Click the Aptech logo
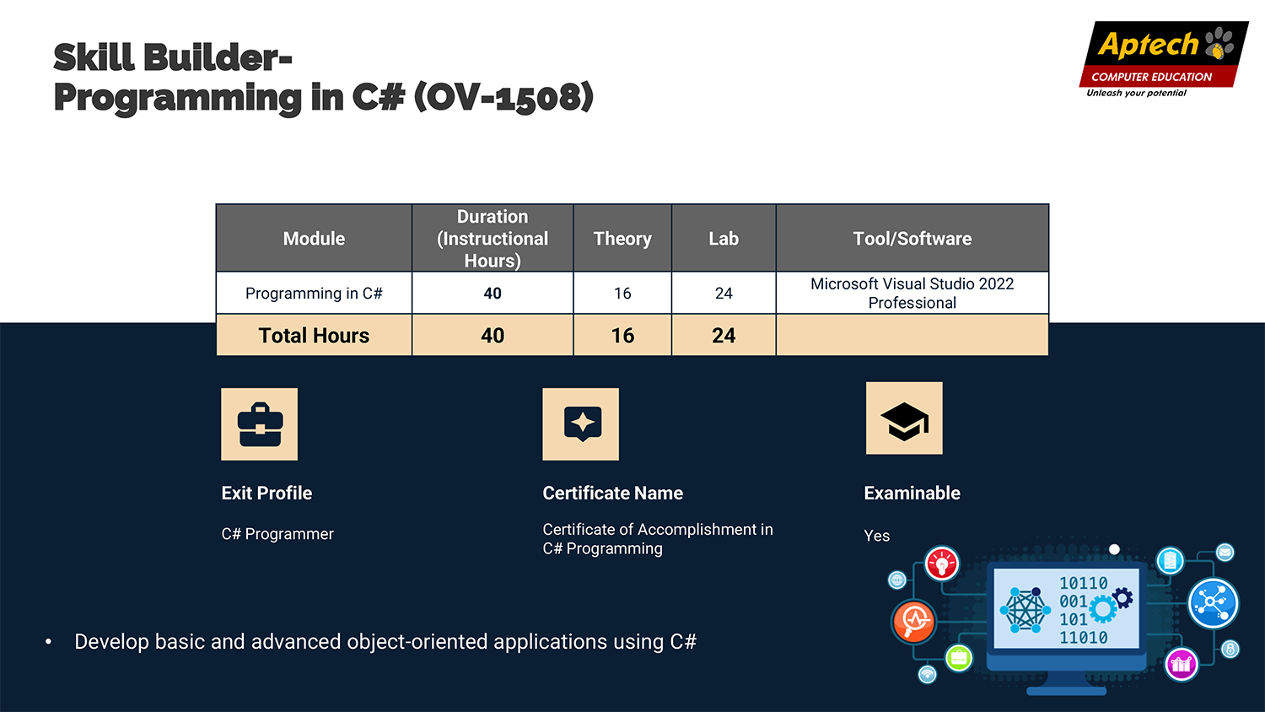tap(1163, 59)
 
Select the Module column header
tap(314, 239)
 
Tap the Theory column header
tap(622, 239)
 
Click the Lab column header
tap(724, 239)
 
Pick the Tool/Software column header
tap(912, 239)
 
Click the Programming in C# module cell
tap(314, 294)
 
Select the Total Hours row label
tap(314, 336)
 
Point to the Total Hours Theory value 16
tap(622, 336)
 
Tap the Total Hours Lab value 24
tap(724, 336)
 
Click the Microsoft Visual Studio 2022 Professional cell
tap(912, 294)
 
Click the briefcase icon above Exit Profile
tap(259, 423)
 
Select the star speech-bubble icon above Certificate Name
tap(580, 423)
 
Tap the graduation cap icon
tap(904, 418)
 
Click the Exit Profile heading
tap(266, 494)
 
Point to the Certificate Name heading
tap(613, 494)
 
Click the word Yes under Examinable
tap(876, 536)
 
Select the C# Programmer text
tap(277, 534)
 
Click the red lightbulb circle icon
tap(941, 564)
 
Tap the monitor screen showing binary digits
tap(1066, 608)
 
